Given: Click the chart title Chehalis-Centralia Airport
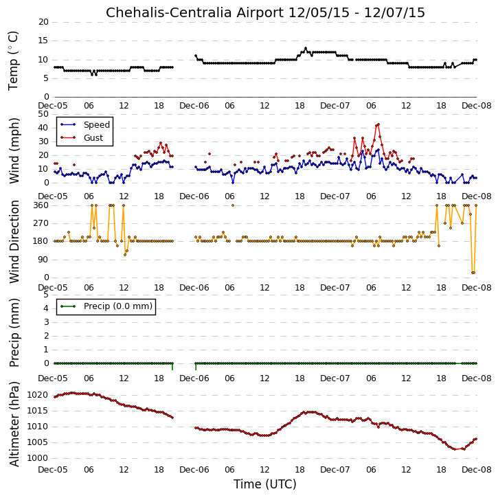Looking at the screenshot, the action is tap(194, 12).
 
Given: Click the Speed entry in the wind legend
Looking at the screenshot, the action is tap(97, 124).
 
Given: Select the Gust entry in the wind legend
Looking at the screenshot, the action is tap(93, 137).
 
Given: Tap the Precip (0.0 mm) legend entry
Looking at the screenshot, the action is tap(118, 306).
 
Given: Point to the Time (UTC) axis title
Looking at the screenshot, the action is tap(265, 484).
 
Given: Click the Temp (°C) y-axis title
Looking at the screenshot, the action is tap(13, 60).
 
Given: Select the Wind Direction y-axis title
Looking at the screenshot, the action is tap(14, 242).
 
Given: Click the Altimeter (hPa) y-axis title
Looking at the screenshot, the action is tap(14, 424).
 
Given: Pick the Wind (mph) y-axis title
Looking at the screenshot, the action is tap(14, 150).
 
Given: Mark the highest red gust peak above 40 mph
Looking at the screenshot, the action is tap(378, 124).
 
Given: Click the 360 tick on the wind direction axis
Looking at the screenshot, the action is tap(42, 205).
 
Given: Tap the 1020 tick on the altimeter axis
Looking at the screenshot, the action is tap(37, 395).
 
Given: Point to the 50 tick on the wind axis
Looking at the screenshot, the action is tap(43, 114).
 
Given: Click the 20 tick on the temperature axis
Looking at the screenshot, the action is tap(43, 22).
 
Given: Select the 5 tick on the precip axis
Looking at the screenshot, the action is tap(46, 295).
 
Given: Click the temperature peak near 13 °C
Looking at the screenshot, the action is tap(306, 48).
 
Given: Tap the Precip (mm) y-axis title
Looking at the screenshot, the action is tap(14, 332).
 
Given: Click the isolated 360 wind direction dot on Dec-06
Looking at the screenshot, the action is tap(233, 205).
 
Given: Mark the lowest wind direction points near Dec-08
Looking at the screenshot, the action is tap(473, 273).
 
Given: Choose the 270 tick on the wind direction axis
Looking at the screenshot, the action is tap(42, 223).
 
